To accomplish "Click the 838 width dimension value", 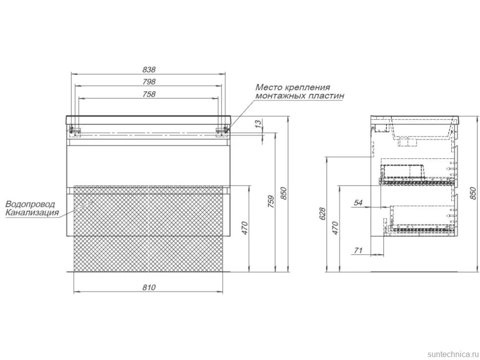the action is (149, 69).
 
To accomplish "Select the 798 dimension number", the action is (149, 82).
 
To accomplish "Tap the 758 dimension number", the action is (149, 94).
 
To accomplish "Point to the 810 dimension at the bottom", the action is (149, 287).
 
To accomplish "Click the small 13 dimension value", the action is (259, 124).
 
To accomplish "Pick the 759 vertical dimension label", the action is (271, 202).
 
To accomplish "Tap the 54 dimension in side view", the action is (358, 202).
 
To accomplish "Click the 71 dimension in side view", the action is (358, 250).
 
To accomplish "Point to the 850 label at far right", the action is (473, 193).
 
